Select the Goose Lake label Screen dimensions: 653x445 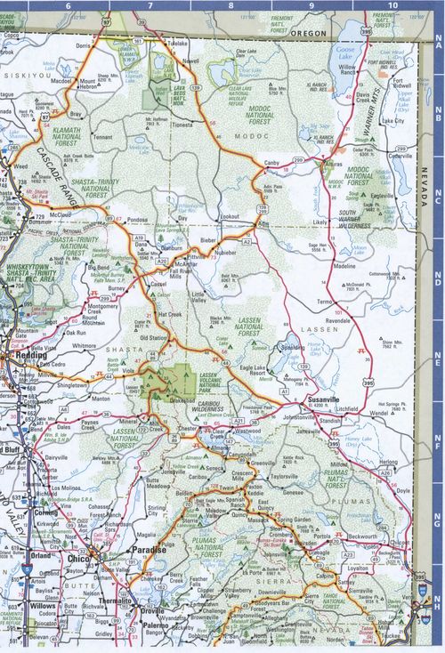(x=345, y=54)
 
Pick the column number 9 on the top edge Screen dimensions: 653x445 (x=311, y=5)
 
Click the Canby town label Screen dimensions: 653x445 (x=271, y=162)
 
